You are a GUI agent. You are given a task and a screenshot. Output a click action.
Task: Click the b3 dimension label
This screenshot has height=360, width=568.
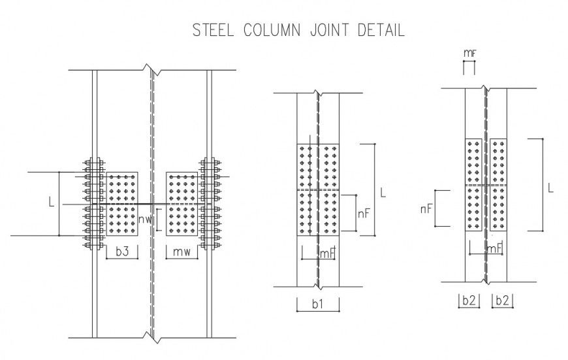point(121,252)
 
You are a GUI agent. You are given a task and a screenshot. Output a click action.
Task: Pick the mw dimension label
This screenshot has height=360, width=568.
point(181,252)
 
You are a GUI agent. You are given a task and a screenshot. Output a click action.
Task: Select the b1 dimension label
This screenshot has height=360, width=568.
point(318,304)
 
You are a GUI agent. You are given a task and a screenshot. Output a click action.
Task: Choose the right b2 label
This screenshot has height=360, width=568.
point(502,301)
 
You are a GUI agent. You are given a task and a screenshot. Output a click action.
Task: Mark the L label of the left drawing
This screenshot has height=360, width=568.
point(51,203)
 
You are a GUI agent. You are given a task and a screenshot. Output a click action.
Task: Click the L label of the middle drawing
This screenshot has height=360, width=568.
point(383,193)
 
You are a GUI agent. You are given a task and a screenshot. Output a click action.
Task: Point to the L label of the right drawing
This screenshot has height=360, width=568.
point(551,188)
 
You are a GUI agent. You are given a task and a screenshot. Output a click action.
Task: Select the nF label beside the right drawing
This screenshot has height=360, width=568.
point(426,208)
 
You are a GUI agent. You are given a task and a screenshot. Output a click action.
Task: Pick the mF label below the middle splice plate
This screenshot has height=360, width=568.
point(326,254)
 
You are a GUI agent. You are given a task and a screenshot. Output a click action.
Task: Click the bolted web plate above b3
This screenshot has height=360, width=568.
point(121,204)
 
